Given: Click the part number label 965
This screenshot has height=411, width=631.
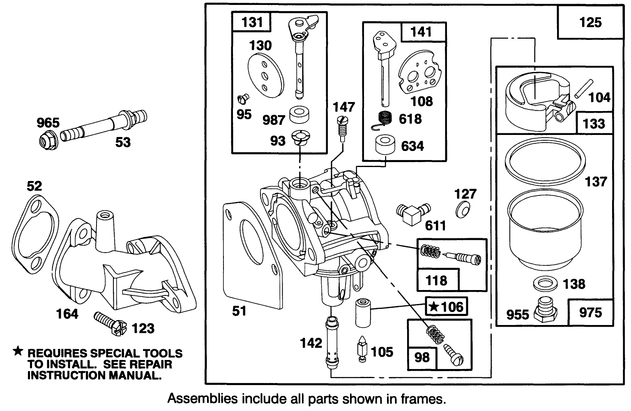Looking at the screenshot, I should coord(48,123).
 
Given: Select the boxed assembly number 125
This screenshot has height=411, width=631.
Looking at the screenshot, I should coord(590,22).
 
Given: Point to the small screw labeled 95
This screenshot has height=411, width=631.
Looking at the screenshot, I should coord(243,99).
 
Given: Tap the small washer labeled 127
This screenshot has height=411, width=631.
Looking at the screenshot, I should coord(463,210).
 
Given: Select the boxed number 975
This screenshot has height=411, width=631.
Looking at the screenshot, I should coord(590,313).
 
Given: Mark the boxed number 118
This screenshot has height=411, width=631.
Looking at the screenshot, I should coord(436,281).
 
